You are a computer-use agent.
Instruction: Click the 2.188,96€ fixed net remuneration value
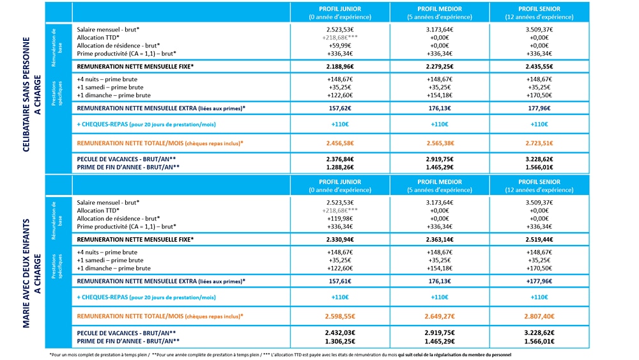(x=339, y=67)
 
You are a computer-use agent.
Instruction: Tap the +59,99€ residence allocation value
(x=339, y=45)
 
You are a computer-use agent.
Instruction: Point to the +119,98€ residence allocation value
(x=339, y=218)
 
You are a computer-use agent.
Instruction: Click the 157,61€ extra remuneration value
(x=339, y=281)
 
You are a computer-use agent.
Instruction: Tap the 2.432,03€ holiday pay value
(x=339, y=333)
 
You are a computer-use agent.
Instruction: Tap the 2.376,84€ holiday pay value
(x=339, y=159)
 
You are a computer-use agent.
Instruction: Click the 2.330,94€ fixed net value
(x=339, y=239)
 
